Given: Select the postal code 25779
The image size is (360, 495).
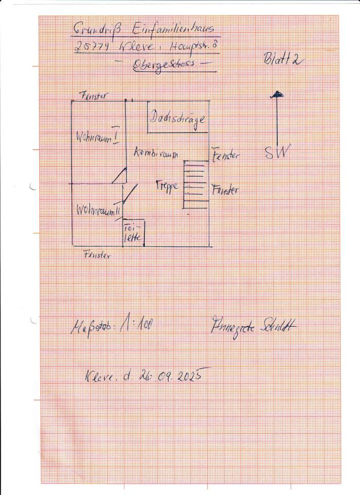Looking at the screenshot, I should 90,46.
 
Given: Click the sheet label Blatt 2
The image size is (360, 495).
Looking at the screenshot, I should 283,60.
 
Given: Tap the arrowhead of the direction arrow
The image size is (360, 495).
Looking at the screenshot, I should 277,94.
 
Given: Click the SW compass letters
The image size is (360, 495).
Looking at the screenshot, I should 277,152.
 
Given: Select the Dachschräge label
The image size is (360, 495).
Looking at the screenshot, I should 178,119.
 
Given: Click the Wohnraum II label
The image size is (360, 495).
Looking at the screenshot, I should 98,210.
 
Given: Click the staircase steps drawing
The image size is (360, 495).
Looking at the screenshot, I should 195,184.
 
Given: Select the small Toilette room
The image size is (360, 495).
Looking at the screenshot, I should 133,233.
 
